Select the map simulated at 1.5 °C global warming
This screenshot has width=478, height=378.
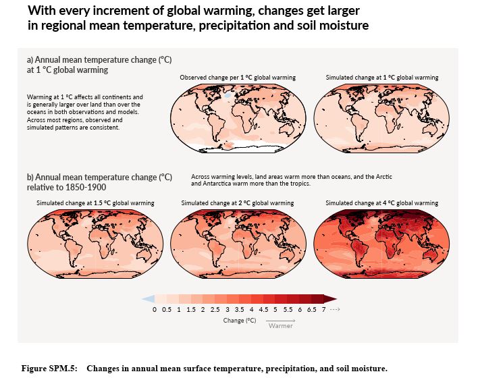click(95, 242)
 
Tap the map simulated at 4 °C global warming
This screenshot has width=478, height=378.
click(382, 242)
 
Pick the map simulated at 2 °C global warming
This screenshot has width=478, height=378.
click(238, 242)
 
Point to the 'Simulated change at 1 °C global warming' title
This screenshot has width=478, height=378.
click(381, 78)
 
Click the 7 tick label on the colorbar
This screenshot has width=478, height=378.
click(324, 309)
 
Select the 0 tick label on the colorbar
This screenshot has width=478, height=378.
click(155, 309)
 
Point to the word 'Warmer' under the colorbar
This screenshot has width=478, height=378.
click(280, 326)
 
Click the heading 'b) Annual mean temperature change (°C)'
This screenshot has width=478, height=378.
click(99, 177)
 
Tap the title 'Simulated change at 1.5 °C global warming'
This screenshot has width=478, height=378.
click(95, 203)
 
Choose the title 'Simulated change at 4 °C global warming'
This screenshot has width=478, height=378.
click(381, 203)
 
